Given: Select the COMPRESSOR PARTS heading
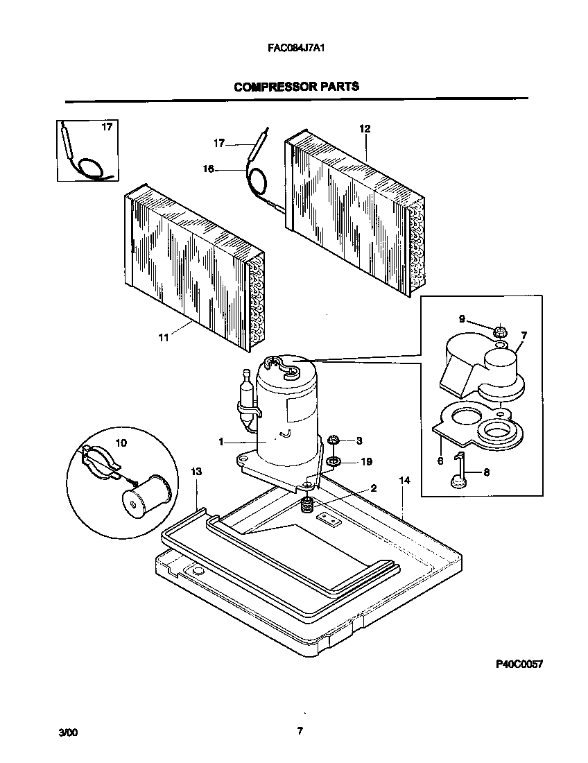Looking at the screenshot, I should tap(296, 87).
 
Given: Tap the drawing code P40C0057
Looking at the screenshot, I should tap(519, 664).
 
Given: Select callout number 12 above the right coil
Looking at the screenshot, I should tap(365, 128).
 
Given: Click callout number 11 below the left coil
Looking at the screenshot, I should tap(164, 338).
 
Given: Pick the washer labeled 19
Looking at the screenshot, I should tap(334, 461).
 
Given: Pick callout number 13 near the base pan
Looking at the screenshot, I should tap(196, 472).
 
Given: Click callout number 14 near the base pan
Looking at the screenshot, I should tap(404, 480).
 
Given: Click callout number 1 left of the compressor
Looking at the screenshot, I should tap(221, 442).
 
